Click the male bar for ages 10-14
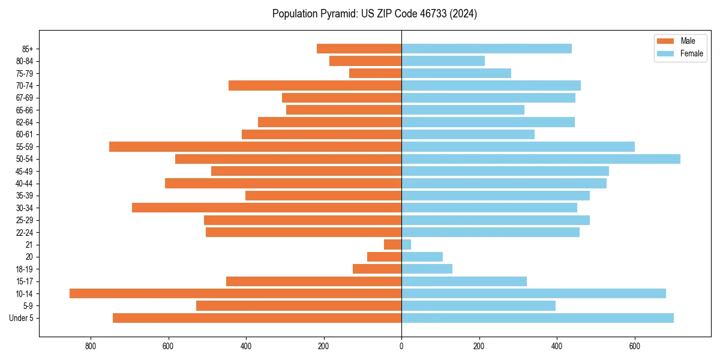pos(235,293)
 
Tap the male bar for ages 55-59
pos(255,146)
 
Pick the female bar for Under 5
pos(538,318)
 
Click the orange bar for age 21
pos(393,245)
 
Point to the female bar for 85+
pos(487,49)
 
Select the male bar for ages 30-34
pos(266,208)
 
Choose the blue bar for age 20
pos(422,257)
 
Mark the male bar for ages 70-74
pos(315,85)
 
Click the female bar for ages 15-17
pos(464,281)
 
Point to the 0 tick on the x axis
pos(401,346)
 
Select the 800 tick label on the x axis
pos(91,346)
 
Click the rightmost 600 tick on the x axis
pos(635,346)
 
